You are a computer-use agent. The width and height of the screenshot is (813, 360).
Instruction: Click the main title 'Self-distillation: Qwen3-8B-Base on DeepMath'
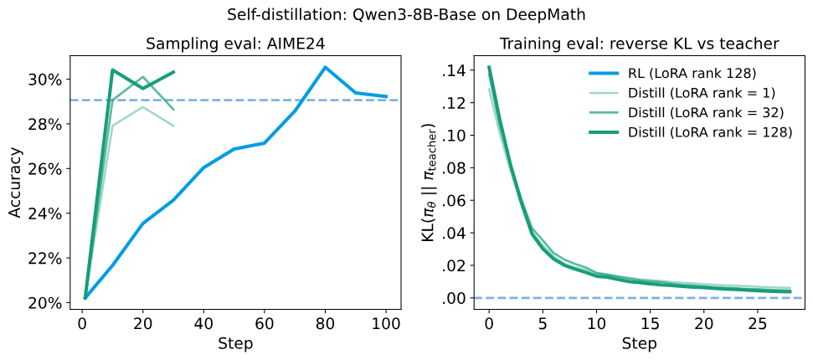point(407,16)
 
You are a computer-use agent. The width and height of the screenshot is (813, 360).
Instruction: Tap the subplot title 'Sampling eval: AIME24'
point(235,44)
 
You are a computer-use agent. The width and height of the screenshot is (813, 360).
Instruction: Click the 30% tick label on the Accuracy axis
point(49,80)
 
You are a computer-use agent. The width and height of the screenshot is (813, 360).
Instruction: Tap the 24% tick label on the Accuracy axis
point(49,213)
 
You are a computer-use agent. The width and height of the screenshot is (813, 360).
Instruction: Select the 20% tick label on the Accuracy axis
point(49,303)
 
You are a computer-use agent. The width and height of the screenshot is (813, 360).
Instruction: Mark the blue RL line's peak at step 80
point(326,67)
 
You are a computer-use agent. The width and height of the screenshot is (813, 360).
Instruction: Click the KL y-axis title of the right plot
point(435,183)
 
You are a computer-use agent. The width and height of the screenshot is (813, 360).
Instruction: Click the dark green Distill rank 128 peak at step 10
point(112,69)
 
